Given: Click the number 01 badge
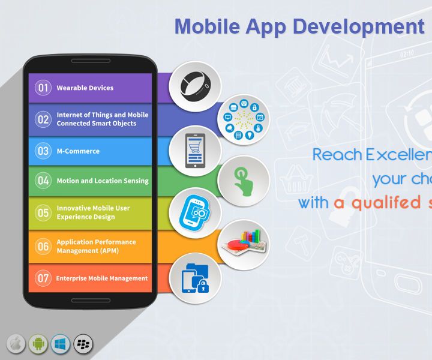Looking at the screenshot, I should click(43, 88).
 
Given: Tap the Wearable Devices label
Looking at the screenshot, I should click(85, 88).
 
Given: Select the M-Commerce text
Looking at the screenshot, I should click(78, 151).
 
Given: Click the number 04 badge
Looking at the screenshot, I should click(43, 181).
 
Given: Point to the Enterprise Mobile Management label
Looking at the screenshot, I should click(101, 278).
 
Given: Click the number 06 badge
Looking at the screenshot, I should click(43, 246).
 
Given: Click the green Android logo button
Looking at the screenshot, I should click(38, 344).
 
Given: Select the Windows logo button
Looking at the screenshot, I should click(61, 344).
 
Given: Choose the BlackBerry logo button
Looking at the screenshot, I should click(83, 344).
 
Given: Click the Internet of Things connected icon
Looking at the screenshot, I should click(243, 117).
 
